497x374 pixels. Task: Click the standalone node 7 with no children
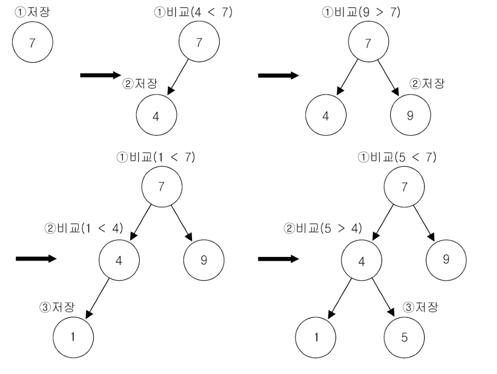(x=32, y=43)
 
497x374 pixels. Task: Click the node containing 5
(x=405, y=339)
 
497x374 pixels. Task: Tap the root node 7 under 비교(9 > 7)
(x=368, y=43)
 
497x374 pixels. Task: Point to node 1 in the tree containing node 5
(x=316, y=339)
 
